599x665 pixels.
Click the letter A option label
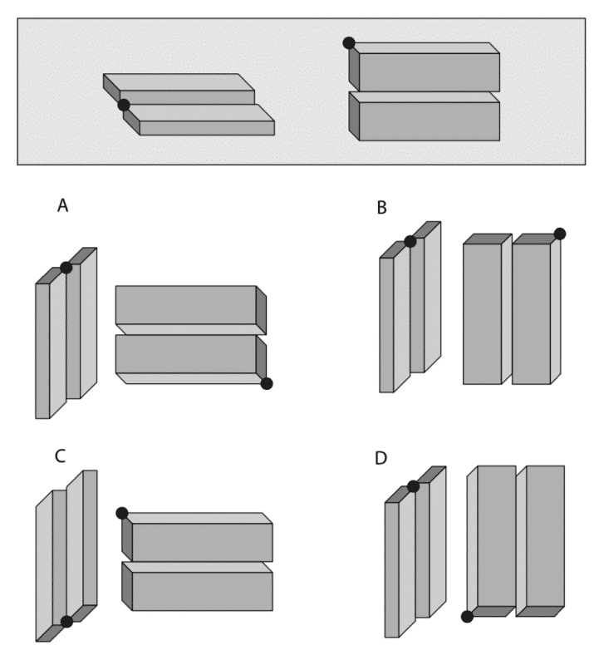click(62, 204)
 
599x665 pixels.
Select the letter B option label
click(381, 207)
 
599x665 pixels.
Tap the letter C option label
click(60, 456)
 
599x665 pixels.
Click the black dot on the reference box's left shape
click(124, 105)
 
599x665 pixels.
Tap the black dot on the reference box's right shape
click(349, 42)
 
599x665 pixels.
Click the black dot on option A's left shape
click(66, 267)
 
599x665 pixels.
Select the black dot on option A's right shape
click(266, 383)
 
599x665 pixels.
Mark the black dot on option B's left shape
click(410, 241)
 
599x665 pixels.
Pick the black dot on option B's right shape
click(559, 234)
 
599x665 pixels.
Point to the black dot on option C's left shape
click(66, 621)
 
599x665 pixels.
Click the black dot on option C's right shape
click(122, 513)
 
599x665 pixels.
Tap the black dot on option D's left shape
click(413, 485)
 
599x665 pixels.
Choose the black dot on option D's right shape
click(468, 616)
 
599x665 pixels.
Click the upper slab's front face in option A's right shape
click(185, 305)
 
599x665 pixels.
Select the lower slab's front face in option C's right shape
click(202, 591)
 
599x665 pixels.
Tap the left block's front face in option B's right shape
click(482, 313)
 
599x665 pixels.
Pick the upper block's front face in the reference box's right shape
click(429, 72)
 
